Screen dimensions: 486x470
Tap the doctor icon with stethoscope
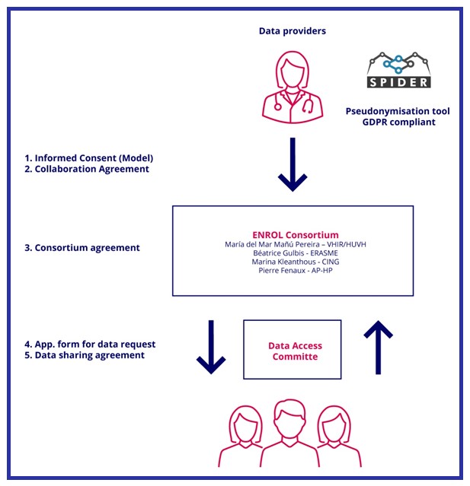pyautogui.click(x=293, y=84)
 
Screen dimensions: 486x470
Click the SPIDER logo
pyautogui.click(x=398, y=70)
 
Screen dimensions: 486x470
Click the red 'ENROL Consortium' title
pyautogui.click(x=293, y=234)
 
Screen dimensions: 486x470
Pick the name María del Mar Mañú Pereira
pyautogui.click(x=293, y=244)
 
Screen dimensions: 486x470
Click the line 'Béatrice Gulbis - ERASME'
pyautogui.click(x=293, y=253)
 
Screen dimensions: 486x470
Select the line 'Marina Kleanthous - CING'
pyautogui.click(x=293, y=262)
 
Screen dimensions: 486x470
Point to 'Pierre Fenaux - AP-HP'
pyautogui.click(x=293, y=272)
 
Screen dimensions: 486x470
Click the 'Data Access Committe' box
pyautogui.click(x=292, y=349)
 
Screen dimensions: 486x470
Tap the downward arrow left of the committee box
pyautogui.click(x=212, y=347)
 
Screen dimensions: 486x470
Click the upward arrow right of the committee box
pyautogui.click(x=379, y=347)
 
